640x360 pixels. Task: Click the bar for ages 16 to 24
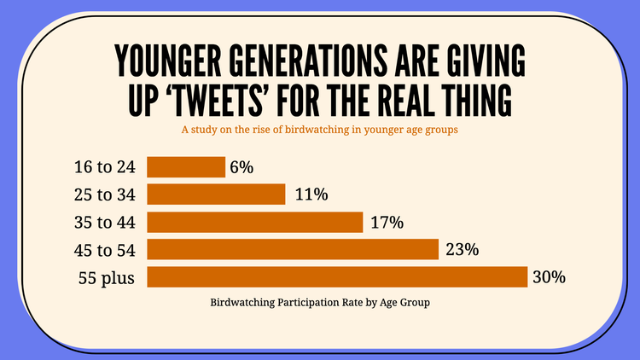(186, 167)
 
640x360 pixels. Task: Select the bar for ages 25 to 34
(216, 195)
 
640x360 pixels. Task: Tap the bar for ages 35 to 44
(255, 223)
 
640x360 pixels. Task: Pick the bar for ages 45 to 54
(293, 250)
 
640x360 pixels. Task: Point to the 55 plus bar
(337, 277)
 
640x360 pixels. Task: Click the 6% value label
(241, 167)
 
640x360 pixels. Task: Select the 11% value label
(311, 195)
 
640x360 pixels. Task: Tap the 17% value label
(387, 223)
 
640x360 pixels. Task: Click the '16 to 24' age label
(106, 167)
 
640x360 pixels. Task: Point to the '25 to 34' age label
(106, 195)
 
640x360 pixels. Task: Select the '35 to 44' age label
(106, 223)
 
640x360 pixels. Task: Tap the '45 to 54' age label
(106, 250)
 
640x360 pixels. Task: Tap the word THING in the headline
(473, 102)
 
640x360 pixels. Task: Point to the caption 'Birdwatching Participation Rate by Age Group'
(320, 302)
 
